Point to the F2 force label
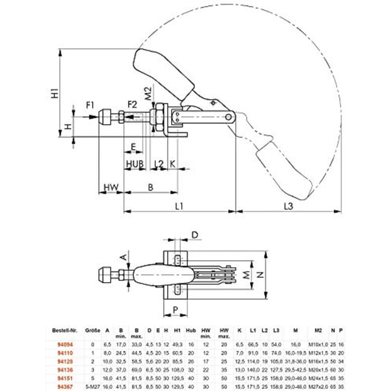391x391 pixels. click(x=132, y=105)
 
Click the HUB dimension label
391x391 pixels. click(x=134, y=163)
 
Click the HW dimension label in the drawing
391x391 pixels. click(x=111, y=187)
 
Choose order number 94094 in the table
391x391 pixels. click(x=67, y=345)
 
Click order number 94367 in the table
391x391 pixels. click(x=67, y=386)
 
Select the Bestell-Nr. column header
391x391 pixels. click(x=65, y=330)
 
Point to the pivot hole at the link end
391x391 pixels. click(x=230, y=117)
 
